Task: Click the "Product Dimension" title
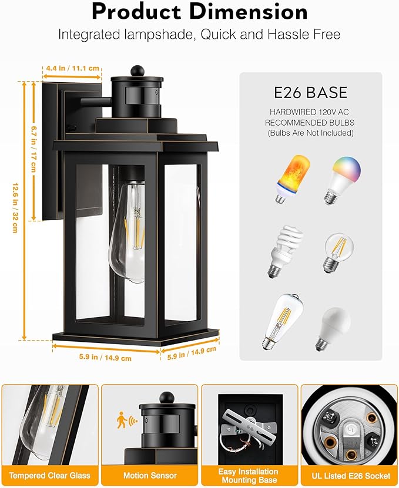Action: pyautogui.click(x=199, y=11)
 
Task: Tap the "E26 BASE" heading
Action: pyautogui.click(x=311, y=92)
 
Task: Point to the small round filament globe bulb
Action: pyautogui.click(x=337, y=252)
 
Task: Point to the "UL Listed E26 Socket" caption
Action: pyautogui.click(x=349, y=475)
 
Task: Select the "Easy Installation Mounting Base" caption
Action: pyautogui.click(x=249, y=475)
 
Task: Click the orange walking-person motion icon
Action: pyautogui.click(x=122, y=420)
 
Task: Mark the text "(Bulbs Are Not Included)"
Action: pyautogui.click(x=310, y=133)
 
